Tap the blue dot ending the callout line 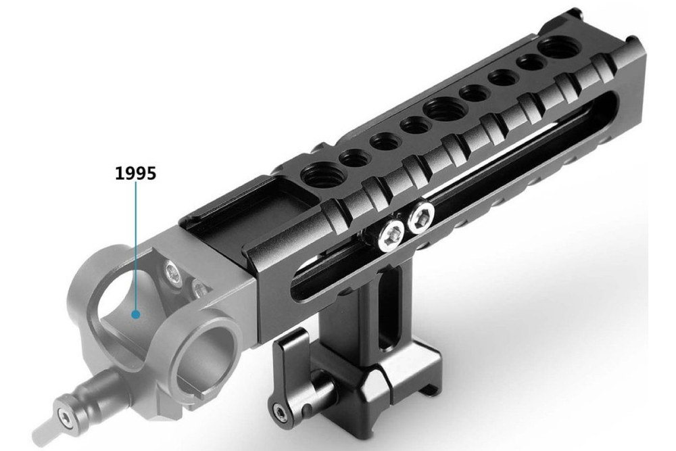pyautogui.click(x=136, y=314)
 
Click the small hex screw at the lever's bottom pyautogui.click(x=279, y=412)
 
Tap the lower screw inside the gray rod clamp pyautogui.click(x=199, y=289)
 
